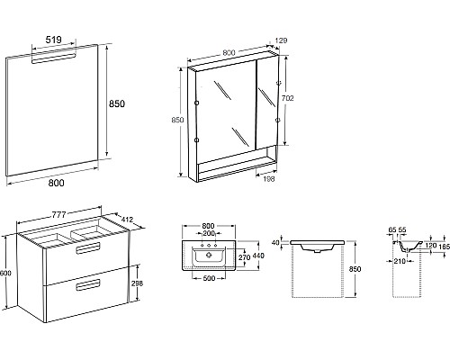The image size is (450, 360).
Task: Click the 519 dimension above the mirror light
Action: (54, 40)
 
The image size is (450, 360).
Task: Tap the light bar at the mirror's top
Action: (53, 58)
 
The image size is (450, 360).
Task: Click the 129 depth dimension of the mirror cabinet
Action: (281, 40)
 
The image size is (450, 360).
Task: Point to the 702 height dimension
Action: (288, 98)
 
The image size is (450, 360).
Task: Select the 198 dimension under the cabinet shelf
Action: (268, 179)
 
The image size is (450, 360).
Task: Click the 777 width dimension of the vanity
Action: (59, 215)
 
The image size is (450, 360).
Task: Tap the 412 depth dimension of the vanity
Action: (127, 220)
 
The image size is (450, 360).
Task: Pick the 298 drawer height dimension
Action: (138, 283)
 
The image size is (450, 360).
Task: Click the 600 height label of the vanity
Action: (5, 274)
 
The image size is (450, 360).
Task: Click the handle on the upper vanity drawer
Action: (88, 248)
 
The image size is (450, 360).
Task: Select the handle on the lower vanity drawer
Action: (88, 285)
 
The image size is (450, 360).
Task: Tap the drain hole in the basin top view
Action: (209, 256)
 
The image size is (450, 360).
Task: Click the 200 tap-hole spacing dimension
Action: (209, 233)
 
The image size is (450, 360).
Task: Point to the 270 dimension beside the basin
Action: (244, 257)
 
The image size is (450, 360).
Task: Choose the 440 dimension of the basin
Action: (258, 256)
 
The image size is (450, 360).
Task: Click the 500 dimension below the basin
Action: (209, 278)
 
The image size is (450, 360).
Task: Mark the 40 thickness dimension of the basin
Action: (275, 242)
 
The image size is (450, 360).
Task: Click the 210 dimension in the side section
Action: (400, 261)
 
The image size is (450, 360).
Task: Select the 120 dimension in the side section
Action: (431, 246)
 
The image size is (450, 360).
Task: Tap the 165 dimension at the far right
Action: (445, 247)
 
